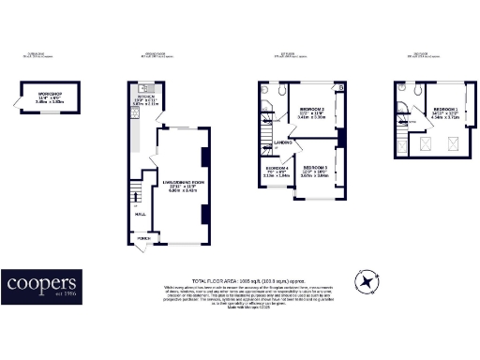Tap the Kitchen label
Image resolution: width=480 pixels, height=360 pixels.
(146, 97)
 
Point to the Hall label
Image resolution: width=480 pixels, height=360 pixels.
(141, 214)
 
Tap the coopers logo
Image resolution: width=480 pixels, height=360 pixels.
(41, 285)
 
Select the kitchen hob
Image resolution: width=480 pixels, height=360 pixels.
(137, 132)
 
